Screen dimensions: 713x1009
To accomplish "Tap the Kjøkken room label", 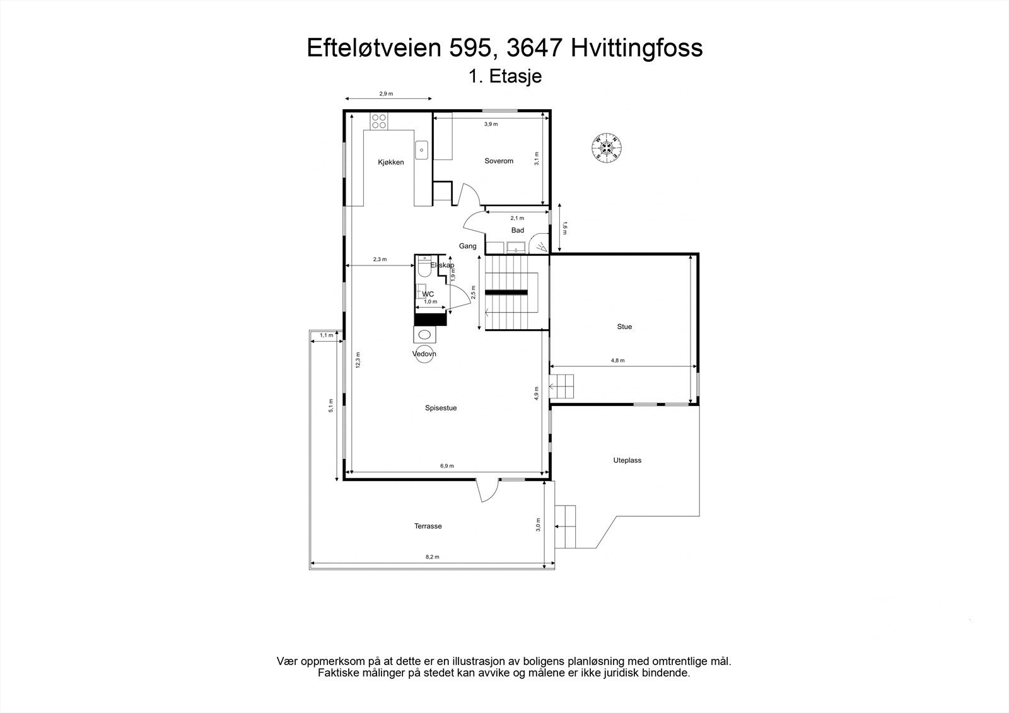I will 391,162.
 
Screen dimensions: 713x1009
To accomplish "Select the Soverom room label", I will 499,161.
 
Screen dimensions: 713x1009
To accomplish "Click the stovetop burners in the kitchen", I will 379,121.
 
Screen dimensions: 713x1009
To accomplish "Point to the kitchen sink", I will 421,150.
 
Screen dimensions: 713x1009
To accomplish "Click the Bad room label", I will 518,230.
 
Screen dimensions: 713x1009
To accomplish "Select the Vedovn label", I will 424,354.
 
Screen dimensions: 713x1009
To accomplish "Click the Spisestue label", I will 441,408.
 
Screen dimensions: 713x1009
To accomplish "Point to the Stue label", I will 624,327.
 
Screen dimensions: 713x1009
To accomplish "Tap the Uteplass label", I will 627,460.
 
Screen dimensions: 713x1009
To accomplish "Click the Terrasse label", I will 428,526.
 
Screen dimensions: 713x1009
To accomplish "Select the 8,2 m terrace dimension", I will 432,557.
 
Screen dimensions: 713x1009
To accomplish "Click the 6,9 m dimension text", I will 446,466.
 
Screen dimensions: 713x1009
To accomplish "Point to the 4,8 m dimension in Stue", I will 617,361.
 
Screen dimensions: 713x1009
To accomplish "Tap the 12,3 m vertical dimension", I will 358,360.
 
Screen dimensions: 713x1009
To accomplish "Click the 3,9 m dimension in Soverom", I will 491,124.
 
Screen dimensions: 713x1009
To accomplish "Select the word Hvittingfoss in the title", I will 637,48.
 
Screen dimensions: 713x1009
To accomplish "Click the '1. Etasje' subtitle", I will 505,76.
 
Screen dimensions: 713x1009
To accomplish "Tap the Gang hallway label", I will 467,246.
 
